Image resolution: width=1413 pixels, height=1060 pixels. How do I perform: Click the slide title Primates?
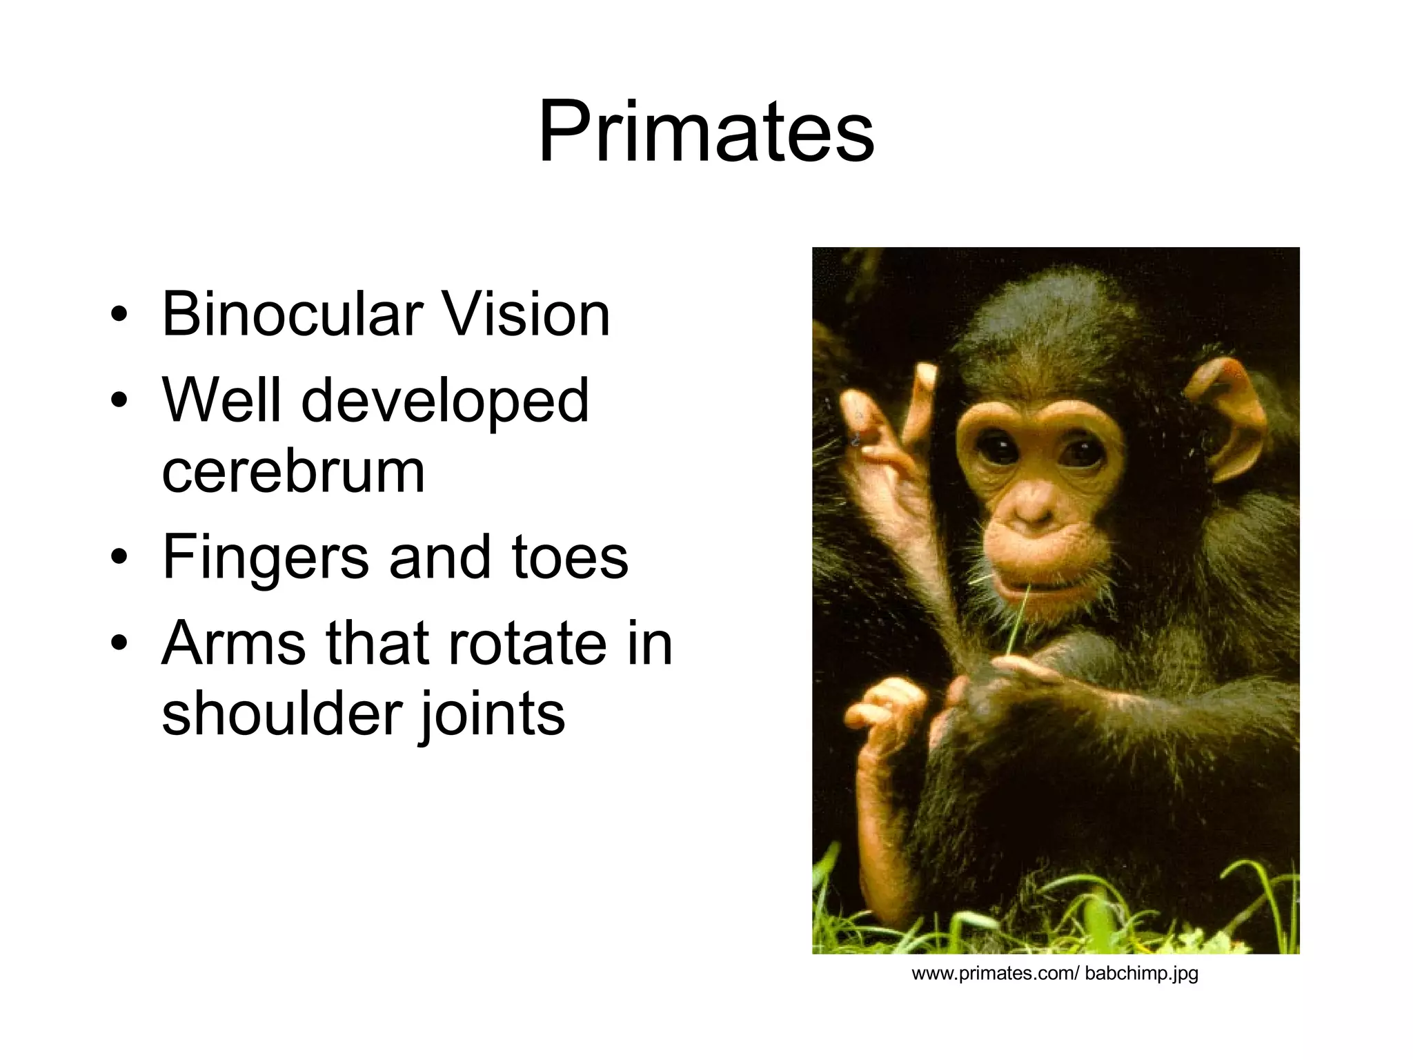706,131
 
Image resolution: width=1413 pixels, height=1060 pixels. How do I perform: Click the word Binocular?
290,315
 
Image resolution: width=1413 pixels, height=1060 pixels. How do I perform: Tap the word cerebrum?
293,472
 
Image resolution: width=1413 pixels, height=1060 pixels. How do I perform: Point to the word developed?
445,402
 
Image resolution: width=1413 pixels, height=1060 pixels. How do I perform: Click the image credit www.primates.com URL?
1055,974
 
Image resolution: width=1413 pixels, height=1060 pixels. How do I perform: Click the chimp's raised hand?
890,442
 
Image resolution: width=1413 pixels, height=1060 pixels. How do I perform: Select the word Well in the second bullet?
221,402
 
